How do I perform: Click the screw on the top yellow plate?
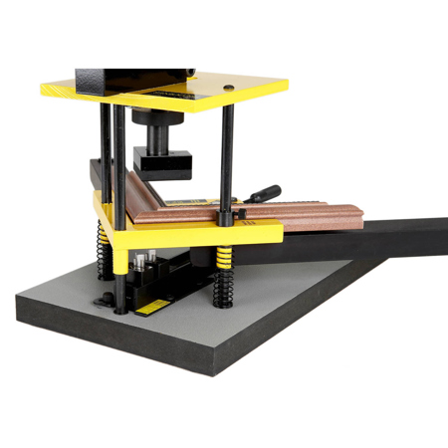click(x=231, y=89)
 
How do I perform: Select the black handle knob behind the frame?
click(x=267, y=194)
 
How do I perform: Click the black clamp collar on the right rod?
click(x=226, y=215)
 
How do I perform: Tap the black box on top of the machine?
click(x=133, y=78)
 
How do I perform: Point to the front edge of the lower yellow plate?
click(x=199, y=238)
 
